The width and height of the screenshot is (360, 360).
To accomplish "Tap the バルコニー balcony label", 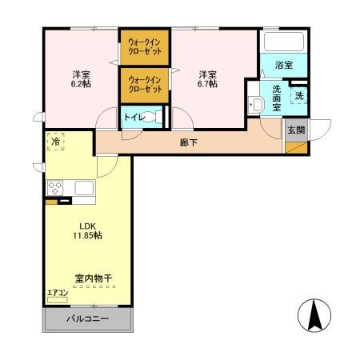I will coord(87,318).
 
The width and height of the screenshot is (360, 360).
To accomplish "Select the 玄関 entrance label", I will coord(294,129).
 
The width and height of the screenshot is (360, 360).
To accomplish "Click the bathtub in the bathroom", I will coord(282,41).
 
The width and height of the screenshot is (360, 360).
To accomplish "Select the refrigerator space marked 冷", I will coord(55,141).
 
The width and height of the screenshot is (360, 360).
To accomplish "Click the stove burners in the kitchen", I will coord(56,188).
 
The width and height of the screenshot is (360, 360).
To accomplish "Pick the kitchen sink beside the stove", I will coord(82,188).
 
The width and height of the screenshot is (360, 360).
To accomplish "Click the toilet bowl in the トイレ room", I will coord(155,118).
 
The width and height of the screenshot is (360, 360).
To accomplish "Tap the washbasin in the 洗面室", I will coord(258,105).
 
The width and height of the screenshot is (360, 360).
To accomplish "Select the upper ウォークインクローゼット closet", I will coord(144,46).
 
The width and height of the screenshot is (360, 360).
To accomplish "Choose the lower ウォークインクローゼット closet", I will coord(144,83).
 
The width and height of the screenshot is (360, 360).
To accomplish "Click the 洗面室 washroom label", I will coord(274,96).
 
